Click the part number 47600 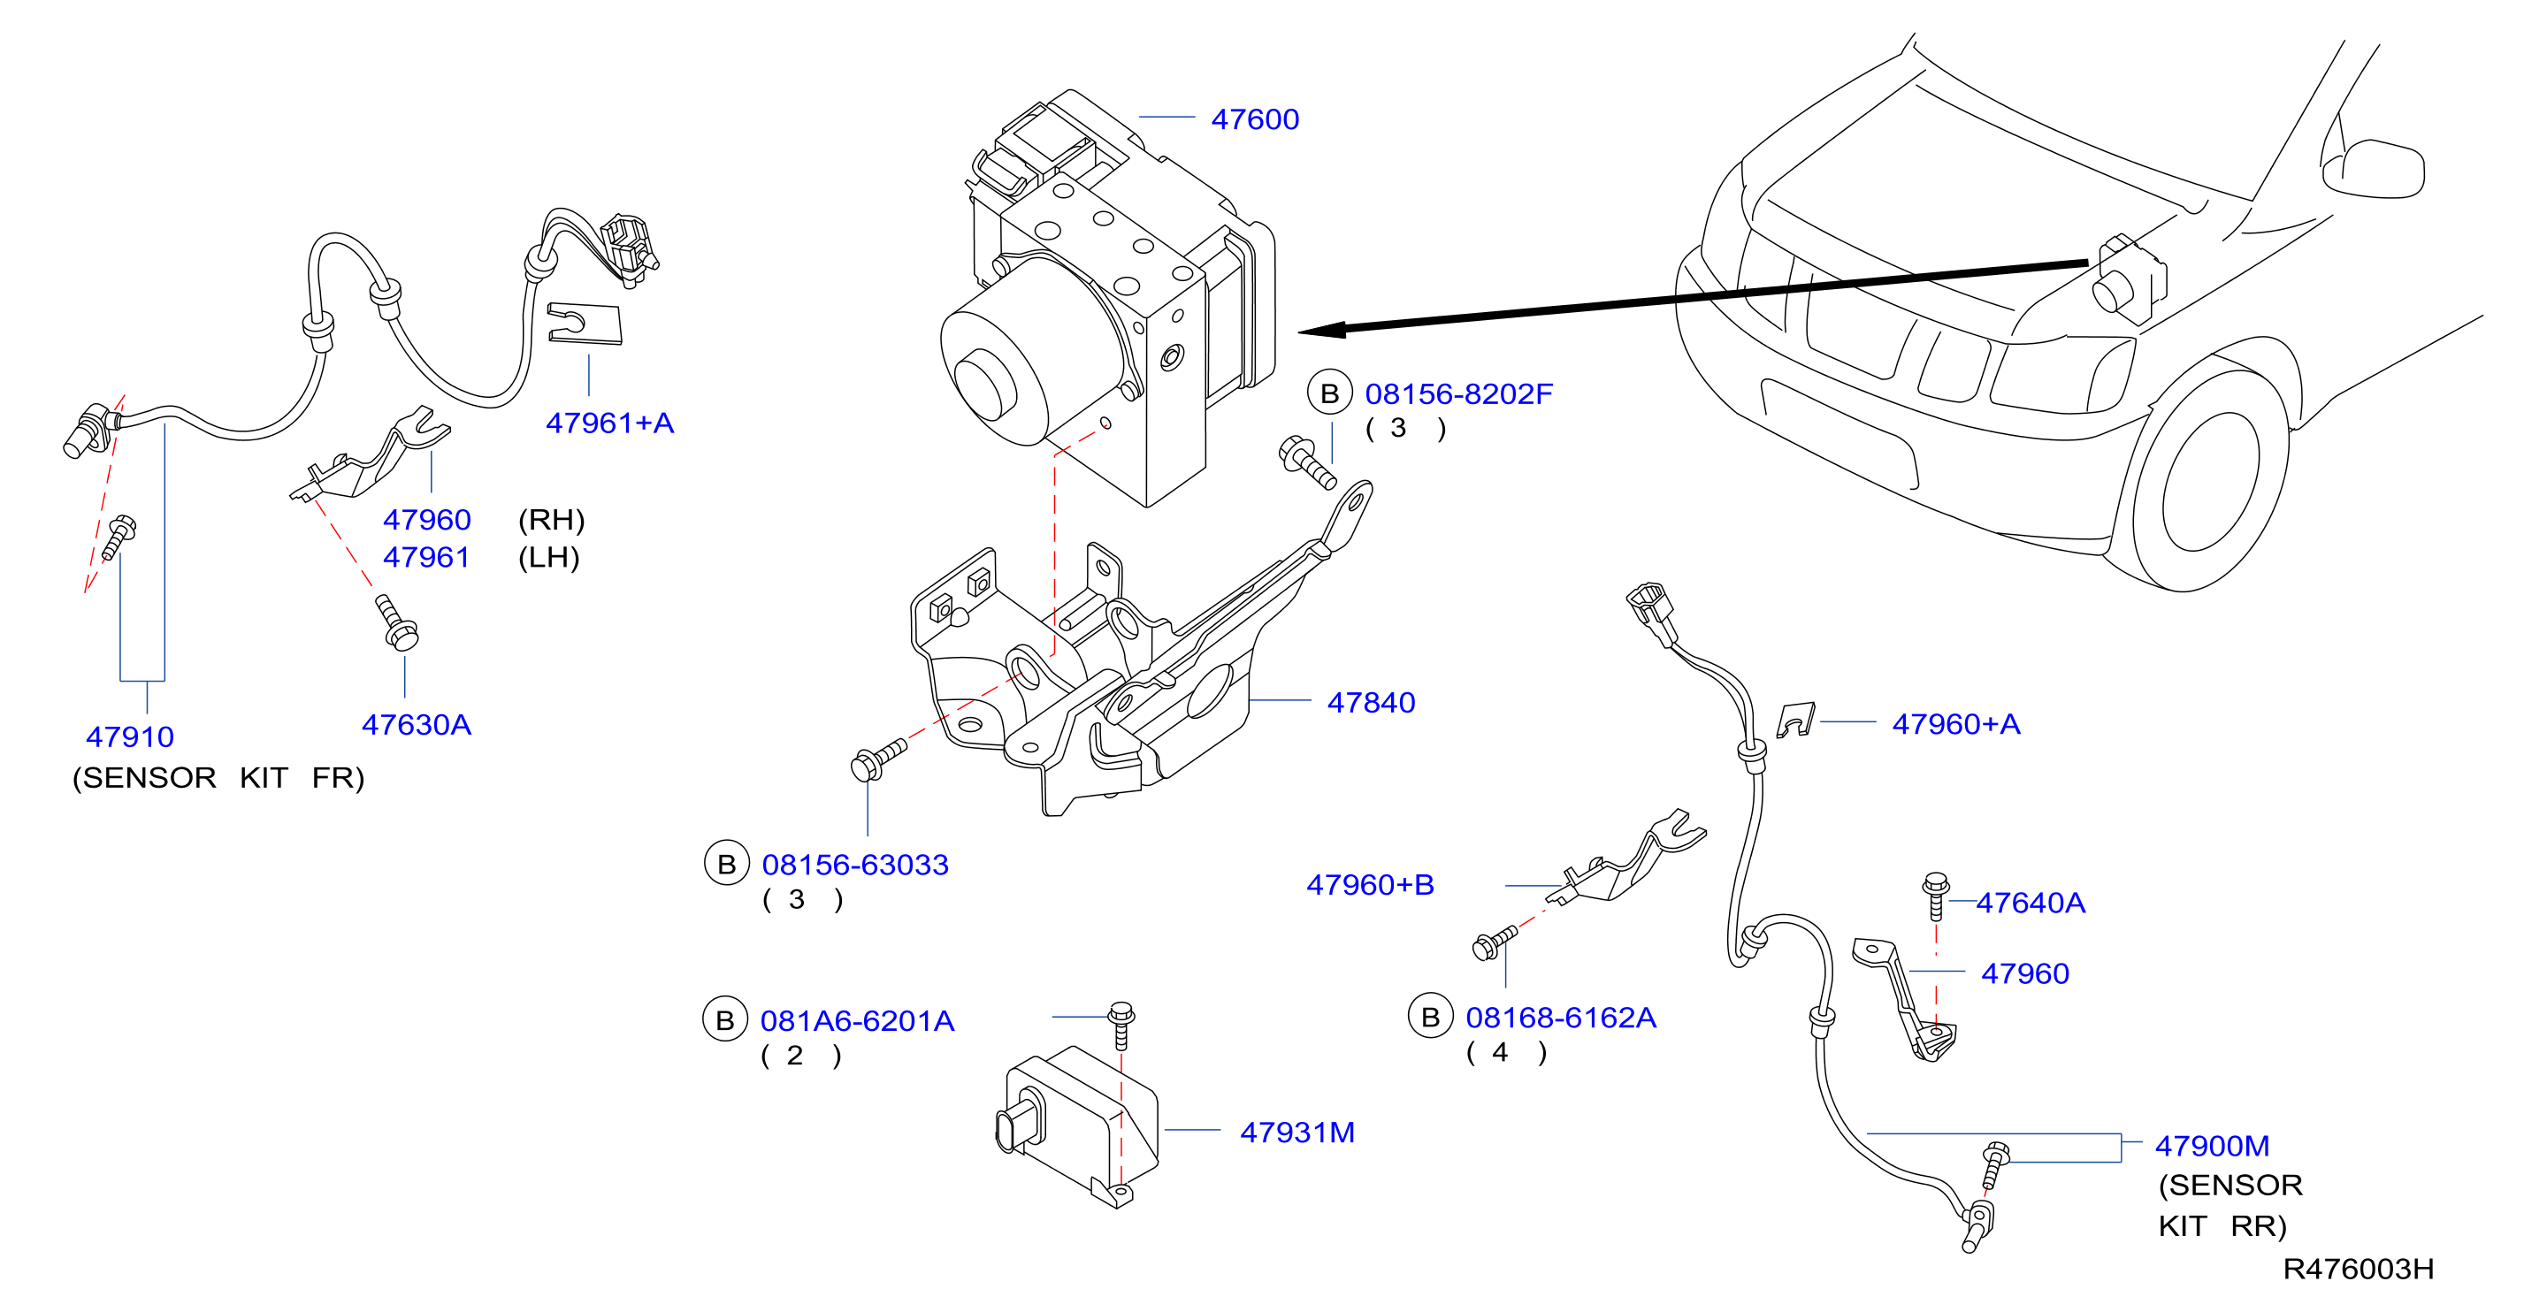[1255, 119]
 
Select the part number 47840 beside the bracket [1372, 703]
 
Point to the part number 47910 [129, 736]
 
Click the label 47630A [417, 725]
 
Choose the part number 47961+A [610, 423]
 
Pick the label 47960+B [1371, 885]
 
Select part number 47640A [2031, 903]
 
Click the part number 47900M [2212, 1146]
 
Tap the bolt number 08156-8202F [1458, 393]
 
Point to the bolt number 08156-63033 [855, 866]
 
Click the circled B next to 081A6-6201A [725, 1019]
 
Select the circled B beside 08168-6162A [1430, 1017]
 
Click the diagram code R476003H [2358, 1270]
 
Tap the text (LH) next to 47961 [548, 558]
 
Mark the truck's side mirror [2373, 170]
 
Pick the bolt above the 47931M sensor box [1121, 1026]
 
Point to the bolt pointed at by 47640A [1936, 896]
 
